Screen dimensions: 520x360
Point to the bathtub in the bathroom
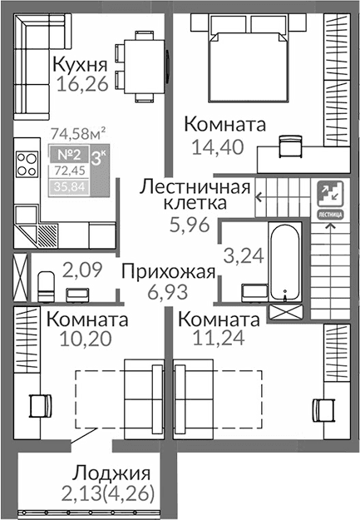pos(285,260)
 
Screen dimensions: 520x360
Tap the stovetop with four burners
pos(28,161)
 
